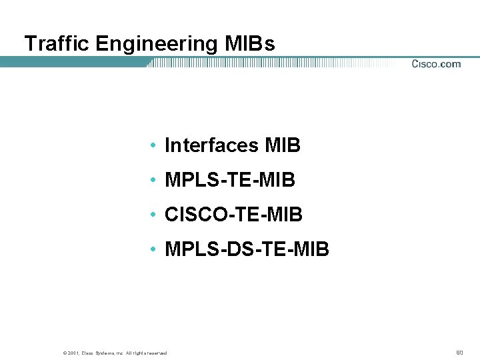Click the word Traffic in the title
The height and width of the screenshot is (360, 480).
57,44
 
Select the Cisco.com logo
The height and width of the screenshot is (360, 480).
436,64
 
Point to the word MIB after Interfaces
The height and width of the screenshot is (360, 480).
283,145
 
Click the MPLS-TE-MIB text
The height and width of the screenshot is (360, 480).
229,180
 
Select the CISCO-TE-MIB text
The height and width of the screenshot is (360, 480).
233,215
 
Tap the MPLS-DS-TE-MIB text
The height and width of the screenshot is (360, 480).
247,249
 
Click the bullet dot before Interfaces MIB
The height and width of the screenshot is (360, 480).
153,145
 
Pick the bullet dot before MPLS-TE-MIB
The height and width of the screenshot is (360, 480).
153,180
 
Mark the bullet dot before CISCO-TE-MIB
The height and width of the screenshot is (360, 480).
153,215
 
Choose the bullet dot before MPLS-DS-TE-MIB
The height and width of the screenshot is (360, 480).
153,249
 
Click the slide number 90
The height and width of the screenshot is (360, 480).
459,352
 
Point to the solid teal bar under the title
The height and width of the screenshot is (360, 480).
73,62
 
